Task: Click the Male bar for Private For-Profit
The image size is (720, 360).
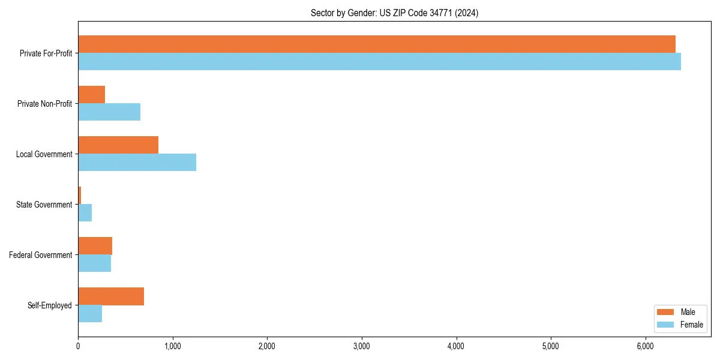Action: [377, 44]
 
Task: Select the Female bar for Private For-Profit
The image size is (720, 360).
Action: [379, 62]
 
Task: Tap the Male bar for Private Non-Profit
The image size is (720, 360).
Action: [92, 95]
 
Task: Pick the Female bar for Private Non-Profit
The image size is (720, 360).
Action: [109, 112]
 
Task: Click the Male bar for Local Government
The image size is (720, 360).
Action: [118, 145]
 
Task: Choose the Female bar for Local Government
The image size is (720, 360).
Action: [137, 163]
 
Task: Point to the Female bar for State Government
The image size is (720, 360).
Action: [85, 213]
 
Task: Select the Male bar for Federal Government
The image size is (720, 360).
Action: [95, 246]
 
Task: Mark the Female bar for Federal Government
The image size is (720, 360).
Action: [94, 263]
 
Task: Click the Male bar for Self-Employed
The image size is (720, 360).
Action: [111, 296]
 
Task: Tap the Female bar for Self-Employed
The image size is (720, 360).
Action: [90, 314]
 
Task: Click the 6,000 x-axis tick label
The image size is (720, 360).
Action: [645, 346]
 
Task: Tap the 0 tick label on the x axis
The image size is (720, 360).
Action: [78, 346]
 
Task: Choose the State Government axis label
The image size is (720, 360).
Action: [44, 205]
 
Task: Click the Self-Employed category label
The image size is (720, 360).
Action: [49, 305]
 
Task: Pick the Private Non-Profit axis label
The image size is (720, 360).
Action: [44, 104]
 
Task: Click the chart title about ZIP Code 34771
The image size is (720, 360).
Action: [394, 13]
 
